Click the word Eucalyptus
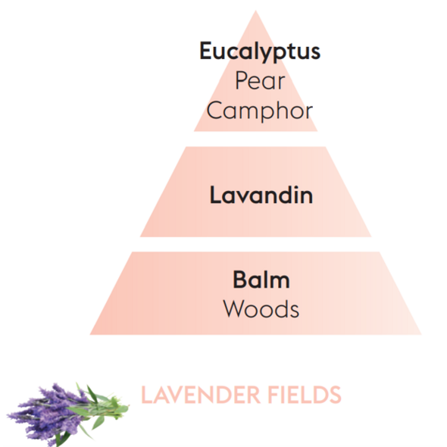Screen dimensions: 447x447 [260, 52]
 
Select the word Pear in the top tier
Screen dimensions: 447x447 [260, 80]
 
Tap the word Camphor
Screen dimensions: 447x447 [259, 111]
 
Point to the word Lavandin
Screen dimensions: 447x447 [261, 195]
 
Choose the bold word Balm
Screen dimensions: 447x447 [261, 280]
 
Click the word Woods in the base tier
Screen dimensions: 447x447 [261, 309]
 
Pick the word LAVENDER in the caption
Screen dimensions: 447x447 [201, 395]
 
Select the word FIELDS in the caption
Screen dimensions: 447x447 [305, 395]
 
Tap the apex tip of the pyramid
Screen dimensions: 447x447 [256, 11]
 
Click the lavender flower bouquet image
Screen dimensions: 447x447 [67, 414]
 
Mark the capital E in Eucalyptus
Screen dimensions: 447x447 [205, 51]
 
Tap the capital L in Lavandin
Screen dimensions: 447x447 [215, 195]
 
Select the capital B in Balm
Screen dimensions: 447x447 [239, 279]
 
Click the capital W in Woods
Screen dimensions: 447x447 [235, 308]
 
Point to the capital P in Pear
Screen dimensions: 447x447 [241, 80]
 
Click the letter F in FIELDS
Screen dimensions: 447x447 [273, 395]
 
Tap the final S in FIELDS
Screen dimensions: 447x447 [335, 395]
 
